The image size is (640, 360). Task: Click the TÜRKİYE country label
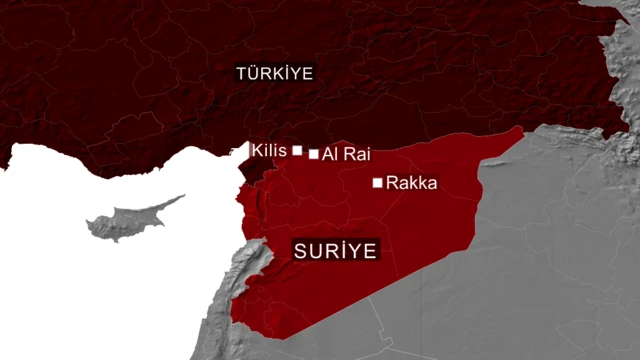pyautogui.click(x=274, y=73)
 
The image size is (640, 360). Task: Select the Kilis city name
pyautogui.click(x=270, y=150)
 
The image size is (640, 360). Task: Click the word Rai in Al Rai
pyautogui.click(x=344, y=155)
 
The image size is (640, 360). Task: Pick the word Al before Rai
pyautogui.click(x=328, y=155)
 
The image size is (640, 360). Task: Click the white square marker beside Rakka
pyautogui.click(x=377, y=183)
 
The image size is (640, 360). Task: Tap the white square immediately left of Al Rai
pyautogui.click(x=314, y=154)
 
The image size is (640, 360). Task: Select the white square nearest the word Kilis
pyautogui.click(x=297, y=150)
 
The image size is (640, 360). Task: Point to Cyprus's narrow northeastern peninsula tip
pyautogui.click(x=182, y=197)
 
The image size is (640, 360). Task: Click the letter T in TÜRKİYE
pyautogui.click(x=240, y=73)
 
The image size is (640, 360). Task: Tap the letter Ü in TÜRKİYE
pyautogui.click(x=252, y=73)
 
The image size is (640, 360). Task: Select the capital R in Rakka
pyautogui.click(x=391, y=183)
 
